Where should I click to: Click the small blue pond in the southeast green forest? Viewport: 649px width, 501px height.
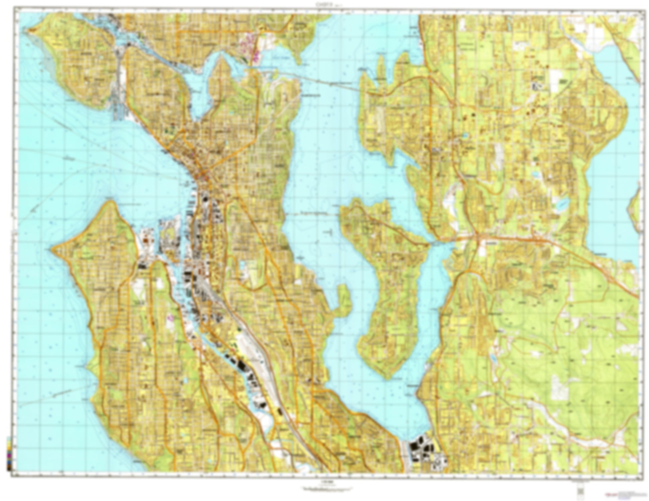[493, 358]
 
